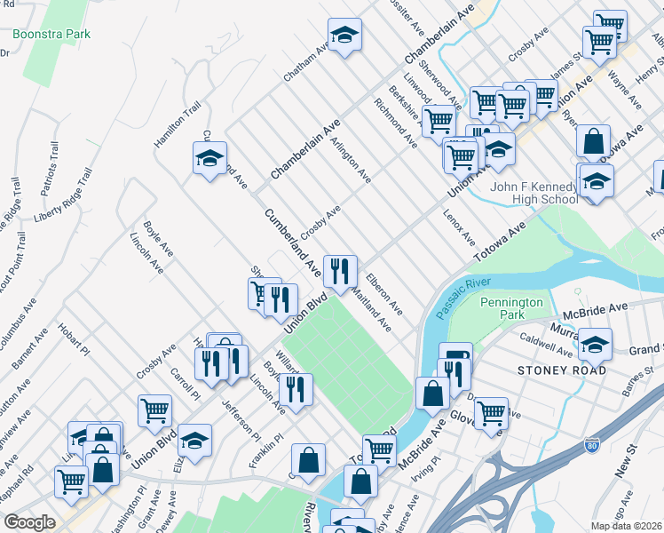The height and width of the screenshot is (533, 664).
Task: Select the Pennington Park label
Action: [510, 308]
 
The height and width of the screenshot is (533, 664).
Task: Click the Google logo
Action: [28, 522]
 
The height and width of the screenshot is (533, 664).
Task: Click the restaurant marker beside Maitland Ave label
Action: [340, 271]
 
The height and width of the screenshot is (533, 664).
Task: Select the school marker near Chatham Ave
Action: [344, 36]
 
